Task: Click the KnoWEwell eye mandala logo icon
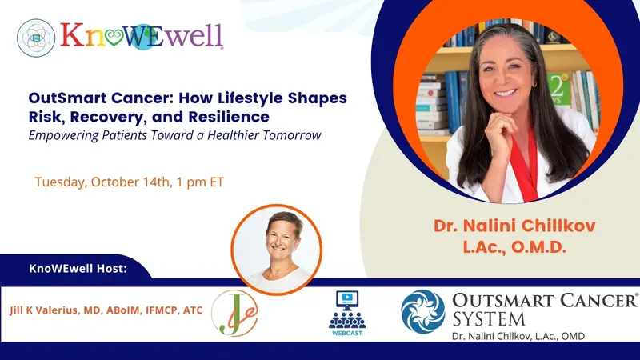click(x=36, y=37)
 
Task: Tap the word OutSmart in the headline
click(x=62, y=98)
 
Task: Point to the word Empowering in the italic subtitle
click(x=63, y=135)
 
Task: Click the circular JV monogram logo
click(x=234, y=312)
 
